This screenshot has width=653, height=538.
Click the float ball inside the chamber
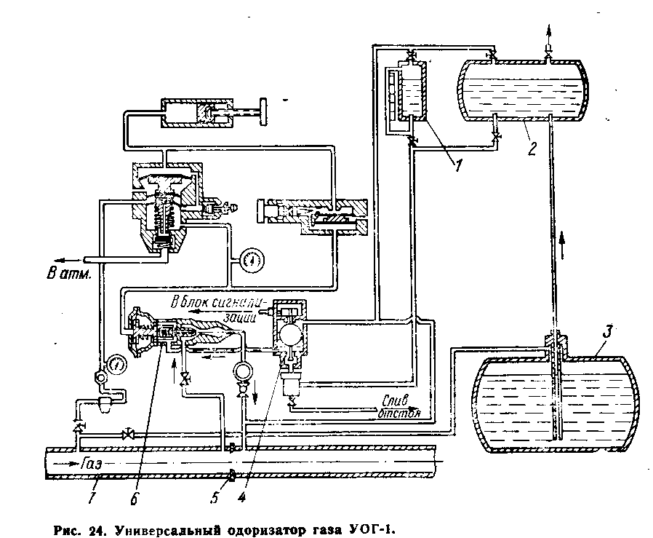point(288,334)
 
